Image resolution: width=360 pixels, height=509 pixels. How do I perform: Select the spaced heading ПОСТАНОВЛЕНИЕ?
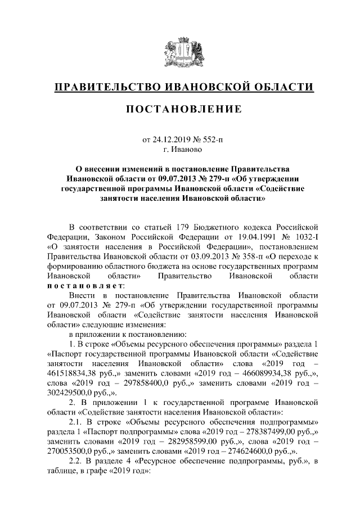coord(179,108)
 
